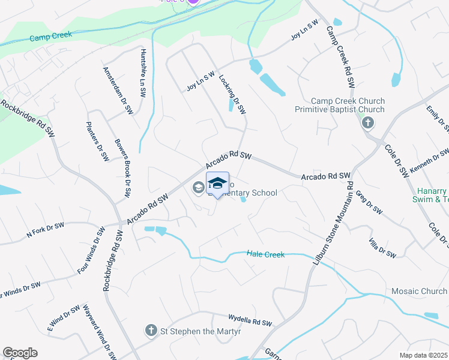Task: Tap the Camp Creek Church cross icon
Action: pyautogui.click(x=367, y=124)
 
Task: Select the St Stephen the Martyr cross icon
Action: pyautogui.click(x=152, y=330)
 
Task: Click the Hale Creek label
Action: pyautogui.click(x=265, y=254)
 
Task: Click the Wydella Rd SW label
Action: pyautogui.click(x=250, y=319)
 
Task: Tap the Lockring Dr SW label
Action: pyautogui.click(x=232, y=94)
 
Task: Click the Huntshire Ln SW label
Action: pyautogui.click(x=143, y=73)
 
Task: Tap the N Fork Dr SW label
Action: pyautogui.click(x=45, y=230)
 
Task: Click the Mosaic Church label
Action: pyautogui.click(x=419, y=292)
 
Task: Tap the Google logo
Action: pyautogui.click(x=20, y=353)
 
